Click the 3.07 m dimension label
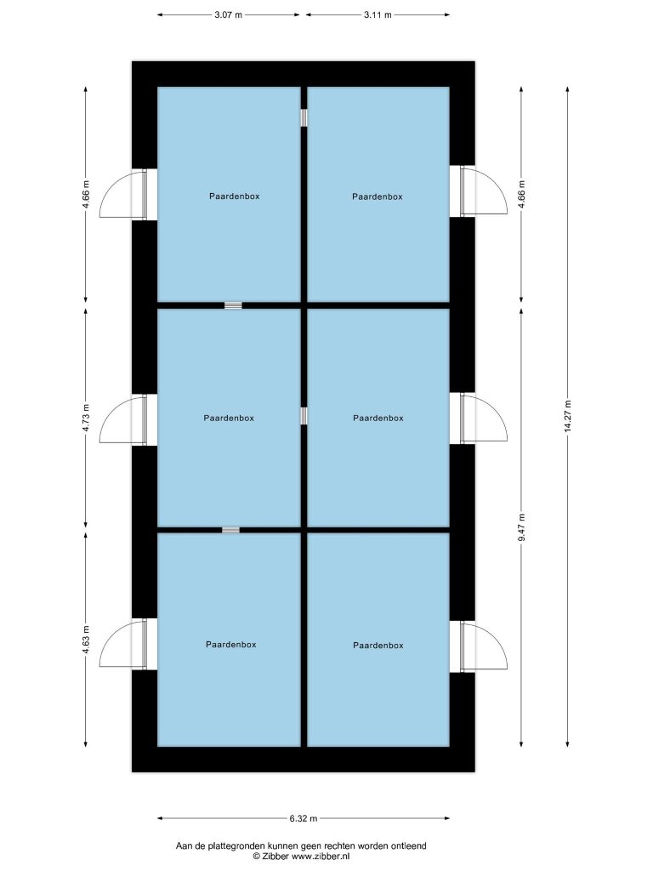pyautogui.click(x=228, y=15)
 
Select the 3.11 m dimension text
pyautogui.click(x=378, y=15)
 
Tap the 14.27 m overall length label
pyautogui.click(x=567, y=416)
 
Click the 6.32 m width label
pyautogui.click(x=304, y=818)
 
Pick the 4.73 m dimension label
pyautogui.click(x=86, y=418)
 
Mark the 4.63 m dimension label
pyautogui.click(x=86, y=640)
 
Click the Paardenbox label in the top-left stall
pyautogui.click(x=235, y=196)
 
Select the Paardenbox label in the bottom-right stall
pyautogui.click(x=378, y=646)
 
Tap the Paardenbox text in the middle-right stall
pyautogui.click(x=378, y=418)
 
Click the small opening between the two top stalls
pyautogui.click(x=304, y=117)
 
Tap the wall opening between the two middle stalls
pyautogui.click(x=304, y=416)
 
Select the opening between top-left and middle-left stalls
pyautogui.click(x=233, y=305)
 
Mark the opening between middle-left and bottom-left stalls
pyautogui.click(x=231, y=530)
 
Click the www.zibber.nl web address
pyautogui.click(x=321, y=857)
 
